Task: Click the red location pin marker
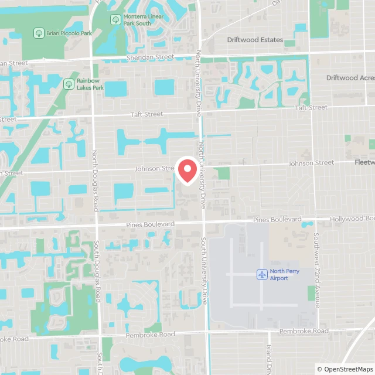[x=187, y=171]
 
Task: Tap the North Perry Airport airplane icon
[x=262, y=274]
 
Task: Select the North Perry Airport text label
[x=279, y=274]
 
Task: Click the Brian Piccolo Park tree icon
[x=38, y=33]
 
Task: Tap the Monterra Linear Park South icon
[x=115, y=19]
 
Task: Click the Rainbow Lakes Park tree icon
[x=69, y=84]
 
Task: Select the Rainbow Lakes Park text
[x=90, y=84]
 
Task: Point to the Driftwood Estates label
[x=255, y=40]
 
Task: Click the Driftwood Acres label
[x=350, y=77]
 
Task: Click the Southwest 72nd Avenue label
[x=316, y=270]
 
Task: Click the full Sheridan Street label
[x=150, y=57]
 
